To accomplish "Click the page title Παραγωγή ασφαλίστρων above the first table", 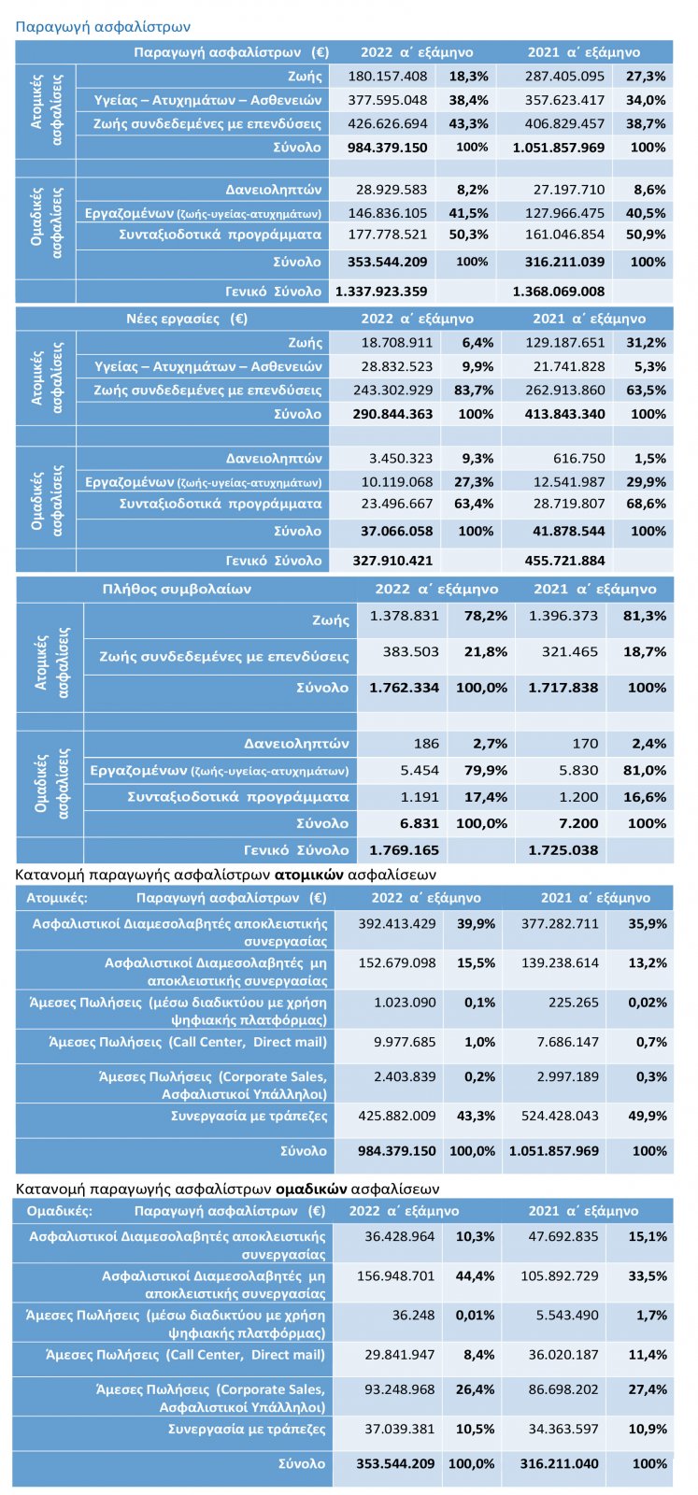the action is [x=103, y=27].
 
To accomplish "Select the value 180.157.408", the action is [x=387, y=76].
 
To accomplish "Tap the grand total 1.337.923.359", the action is [x=381, y=292].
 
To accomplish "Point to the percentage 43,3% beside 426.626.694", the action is [x=468, y=123].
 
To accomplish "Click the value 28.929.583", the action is [x=391, y=190].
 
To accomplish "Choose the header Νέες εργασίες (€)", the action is [x=187, y=319].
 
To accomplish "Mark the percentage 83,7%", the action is [x=474, y=391].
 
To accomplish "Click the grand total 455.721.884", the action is [x=564, y=561].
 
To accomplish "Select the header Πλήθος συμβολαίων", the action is [x=177, y=589].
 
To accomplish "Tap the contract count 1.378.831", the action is [x=405, y=616].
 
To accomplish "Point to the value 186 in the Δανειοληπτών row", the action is [x=426, y=744].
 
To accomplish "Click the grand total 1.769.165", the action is [x=405, y=850].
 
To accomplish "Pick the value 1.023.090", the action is [x=405, y=1003].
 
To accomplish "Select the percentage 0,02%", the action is [x=648, y=1003].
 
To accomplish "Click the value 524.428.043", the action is [x=560, y=1116].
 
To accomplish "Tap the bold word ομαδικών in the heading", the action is [x=310, y=1189].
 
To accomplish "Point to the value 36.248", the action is [x=413, y=1316].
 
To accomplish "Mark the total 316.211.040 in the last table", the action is [x=559, y=1464].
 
